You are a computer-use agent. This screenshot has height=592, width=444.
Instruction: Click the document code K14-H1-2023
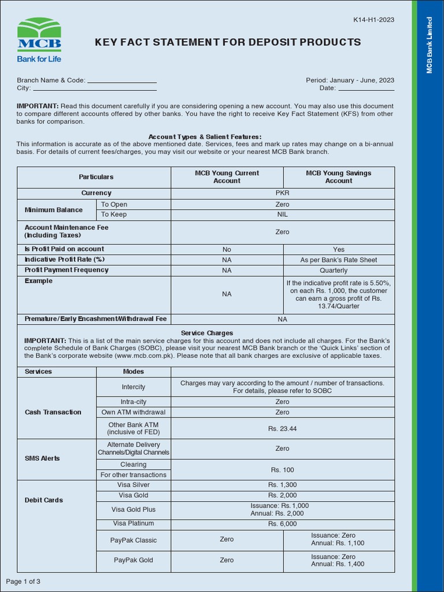(x=373, y=20)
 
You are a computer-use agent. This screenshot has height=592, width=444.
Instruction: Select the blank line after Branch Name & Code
(x=121, y=81)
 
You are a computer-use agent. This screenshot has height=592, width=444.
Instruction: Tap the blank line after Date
(x=366, y=88)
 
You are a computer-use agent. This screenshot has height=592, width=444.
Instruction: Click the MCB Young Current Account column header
(x=227, y=177)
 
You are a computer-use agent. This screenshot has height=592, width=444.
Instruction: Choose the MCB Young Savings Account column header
(x=339, y=177)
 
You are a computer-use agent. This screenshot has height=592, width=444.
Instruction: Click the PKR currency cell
(x=282, y=193)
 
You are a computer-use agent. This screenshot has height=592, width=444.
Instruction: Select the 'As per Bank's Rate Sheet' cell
(x=339, y=260)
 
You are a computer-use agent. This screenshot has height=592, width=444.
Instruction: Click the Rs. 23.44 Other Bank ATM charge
(x=282, y=428)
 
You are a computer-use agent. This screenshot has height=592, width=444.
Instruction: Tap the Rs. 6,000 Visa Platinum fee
(x=282, y=524)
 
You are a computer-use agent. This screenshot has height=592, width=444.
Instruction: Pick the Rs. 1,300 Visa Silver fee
(x=282, y=485)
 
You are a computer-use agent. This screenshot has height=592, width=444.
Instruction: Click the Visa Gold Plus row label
(x=134, y=509)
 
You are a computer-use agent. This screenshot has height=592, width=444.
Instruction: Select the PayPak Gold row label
(x=134, y=560)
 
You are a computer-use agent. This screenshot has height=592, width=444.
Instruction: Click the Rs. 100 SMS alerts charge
(x=282, y=470)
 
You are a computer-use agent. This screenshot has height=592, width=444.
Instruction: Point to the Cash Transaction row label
(x=53, y=412)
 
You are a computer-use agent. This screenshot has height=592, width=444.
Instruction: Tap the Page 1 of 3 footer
(x=23, y=581)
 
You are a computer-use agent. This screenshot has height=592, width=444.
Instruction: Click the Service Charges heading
(x=207, y=334)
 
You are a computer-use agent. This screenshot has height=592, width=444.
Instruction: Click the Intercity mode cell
(x=134, y=387)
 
